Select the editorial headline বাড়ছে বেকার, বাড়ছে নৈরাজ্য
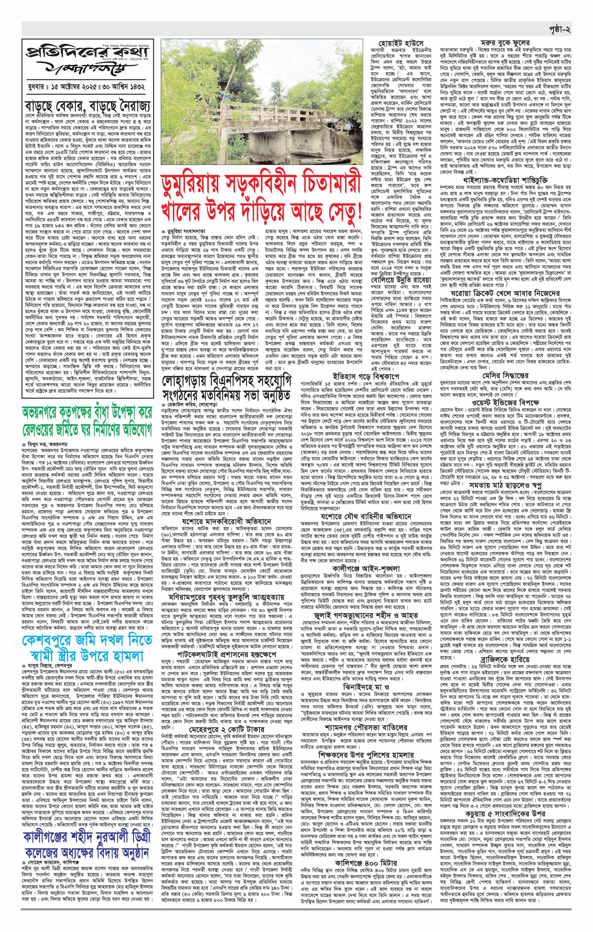[89, 106]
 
